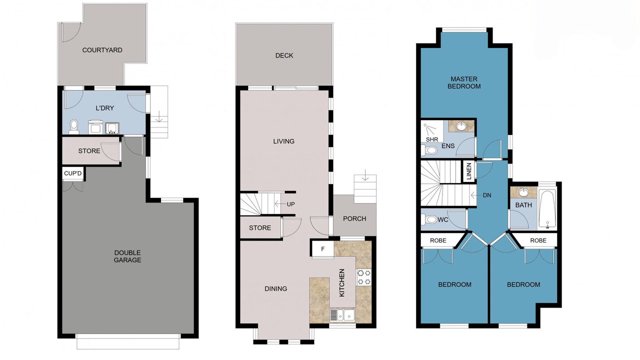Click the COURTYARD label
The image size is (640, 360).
pyautogui.click(x=102, y=50)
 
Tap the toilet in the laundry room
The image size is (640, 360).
pyautogui.click(x=74, y=127)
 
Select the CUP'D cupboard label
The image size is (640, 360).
pyautogui.click(x=73, y=173)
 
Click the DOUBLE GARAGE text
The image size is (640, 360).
pyautogui.click(x=127, y=256)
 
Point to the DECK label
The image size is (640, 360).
pyautogui.click(x=284, y=55)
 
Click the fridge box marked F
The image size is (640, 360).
pyautogui.click(x=323, y=249)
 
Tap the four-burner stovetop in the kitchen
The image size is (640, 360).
pyautogui.click(x=364, y=277)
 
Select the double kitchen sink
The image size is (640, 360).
pyautogui.click(x=342, y=315)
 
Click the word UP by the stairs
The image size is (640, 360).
pyautogui.click(x=291, y=204)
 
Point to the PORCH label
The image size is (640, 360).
pyautogui.click(x=354, y=218)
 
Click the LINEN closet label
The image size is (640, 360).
pyautogui.click(x=469, y=171)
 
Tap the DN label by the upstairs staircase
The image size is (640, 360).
pyautogui.click(x=487, y=195)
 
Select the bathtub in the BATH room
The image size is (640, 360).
pyautogui.click(x=547, y=209)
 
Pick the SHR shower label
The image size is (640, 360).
pyautogui.click(x=432, y=139)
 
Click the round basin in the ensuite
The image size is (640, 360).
pyautogui.click(x=461, y=126)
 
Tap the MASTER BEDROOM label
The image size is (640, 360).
pyautogui.click(x=464, y=82)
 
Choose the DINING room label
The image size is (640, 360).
pyautogui.click(x=275, y=288)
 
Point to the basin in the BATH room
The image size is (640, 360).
pyautogui.click(x=523, y=192)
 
